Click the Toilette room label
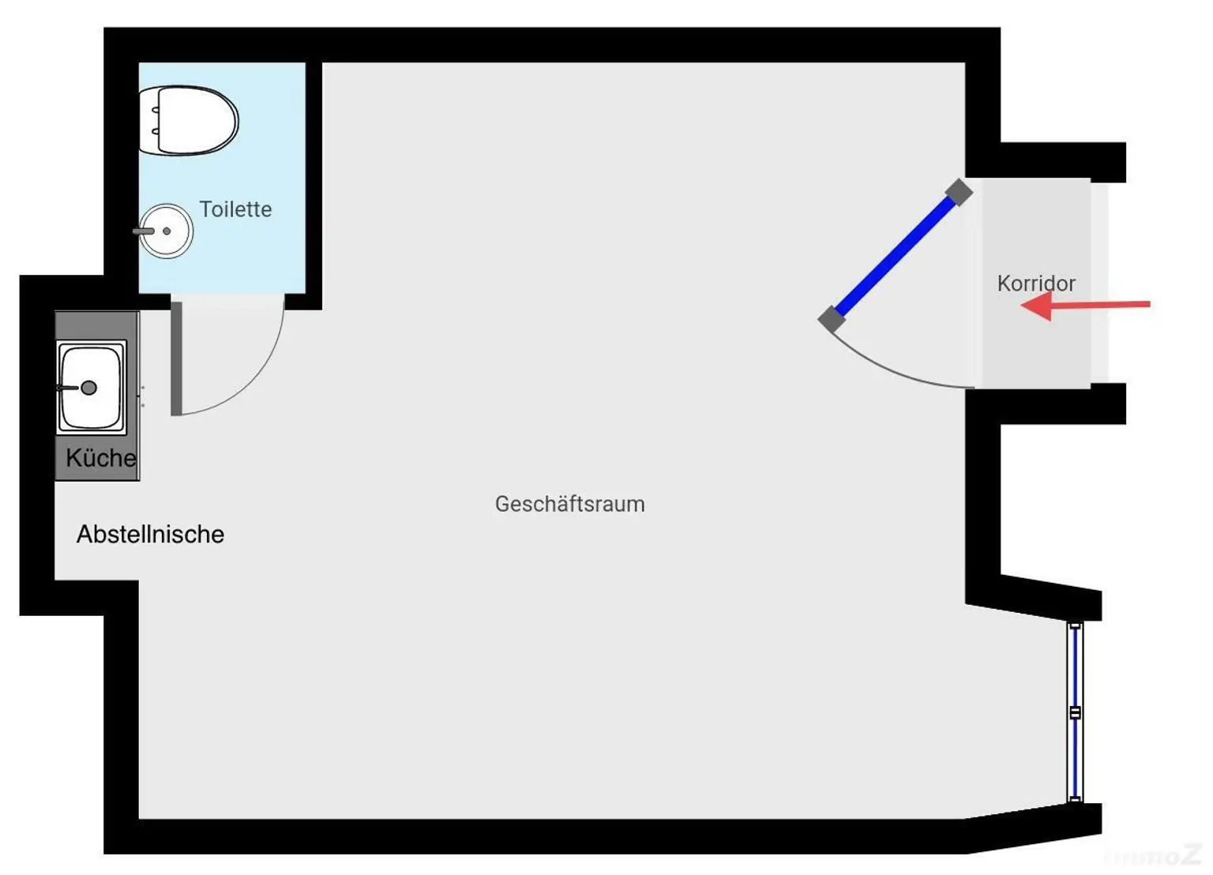tap(235, 209)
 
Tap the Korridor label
tap(1036, 284)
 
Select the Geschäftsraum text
tap(569, 504)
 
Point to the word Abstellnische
tap(151, 534)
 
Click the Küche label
tap(101, 457)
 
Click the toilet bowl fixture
tap(189, 120)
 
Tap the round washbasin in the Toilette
tap(166, 231)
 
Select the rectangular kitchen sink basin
tap(91, 388)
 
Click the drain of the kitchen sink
tap(88, 388)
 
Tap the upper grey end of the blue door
tap(959, 192)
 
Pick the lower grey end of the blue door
tap(832, 318)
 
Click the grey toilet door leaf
tap(176, 359)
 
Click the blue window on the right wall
tap(1075, 712)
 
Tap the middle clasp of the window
tap(1075, 712)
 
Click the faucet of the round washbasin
tap(144, 231)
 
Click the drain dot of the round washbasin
tap(167, 231)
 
